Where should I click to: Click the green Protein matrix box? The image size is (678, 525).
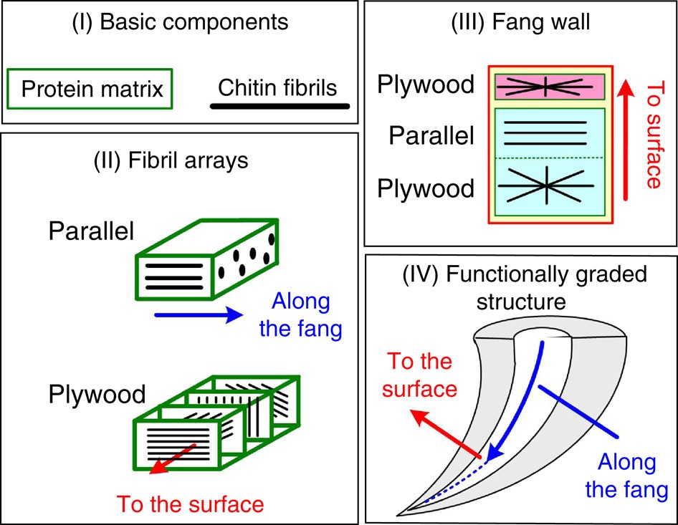[x=90, y=89]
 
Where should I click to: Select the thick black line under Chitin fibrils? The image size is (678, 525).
[x=280, y=107]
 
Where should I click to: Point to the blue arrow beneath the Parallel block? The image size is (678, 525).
[x=196, y=314]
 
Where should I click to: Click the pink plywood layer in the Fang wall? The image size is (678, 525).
[x=547, y=86]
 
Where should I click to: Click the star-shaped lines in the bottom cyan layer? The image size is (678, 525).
[x=547, y=186]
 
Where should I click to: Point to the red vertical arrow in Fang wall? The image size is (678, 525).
[x=626, y=139]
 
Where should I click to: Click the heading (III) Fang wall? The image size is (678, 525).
[x=520, y=22]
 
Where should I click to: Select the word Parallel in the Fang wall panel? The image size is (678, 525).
[x=431, y=135]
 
